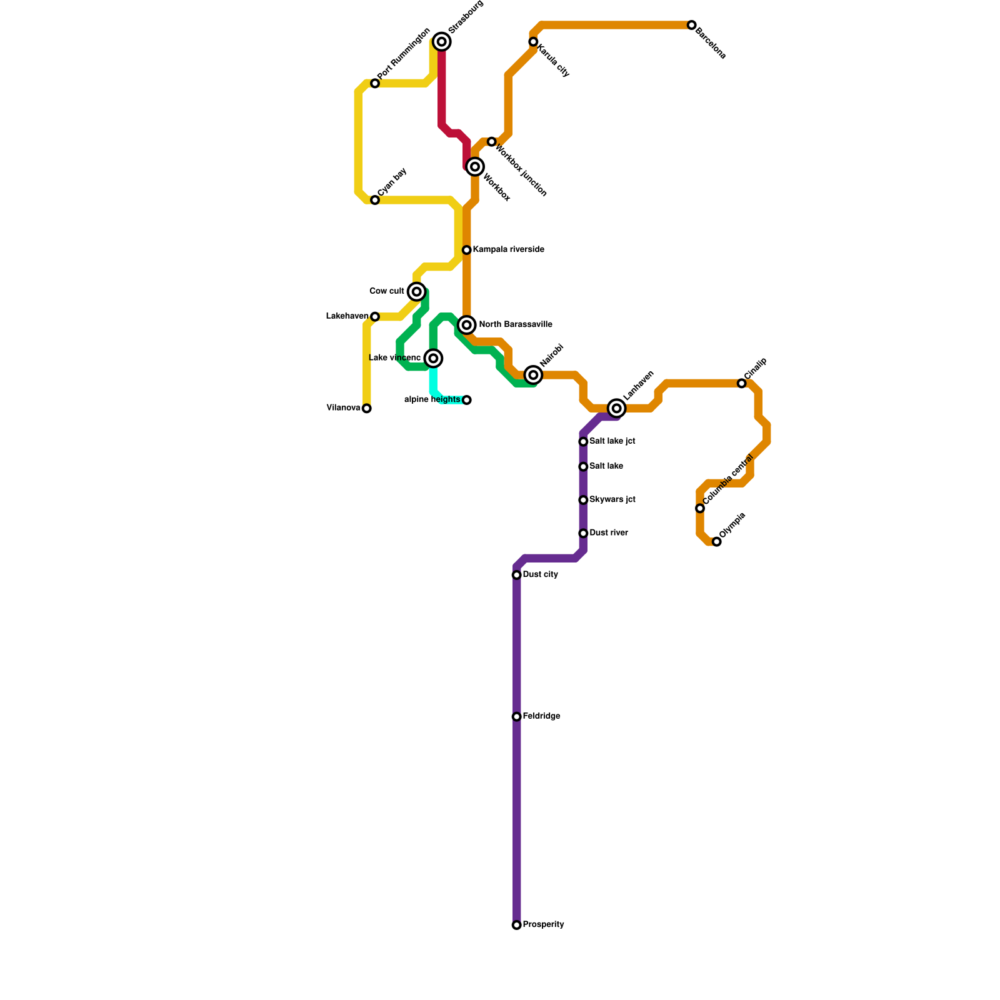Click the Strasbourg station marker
(x=442, y=42)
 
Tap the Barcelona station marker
(x=691, y=25)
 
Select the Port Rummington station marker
(x=375, y=84)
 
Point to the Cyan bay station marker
(x=375, y=200)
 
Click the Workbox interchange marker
(x=475, y=167)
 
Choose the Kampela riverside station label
(x=508, y=250)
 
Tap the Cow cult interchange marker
(x=417, y=292)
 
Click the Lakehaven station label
(x=347, y=317)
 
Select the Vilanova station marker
(x=367, y=409)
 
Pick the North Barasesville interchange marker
(x=467, y=325)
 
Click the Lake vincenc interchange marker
(x=434, y=358)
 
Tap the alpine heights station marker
(x=467, y=400)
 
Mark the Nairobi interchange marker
(x=533, y=375)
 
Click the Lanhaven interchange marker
(x=617, y=409)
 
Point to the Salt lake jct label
(x=612, y=441)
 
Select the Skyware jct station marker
(x=583, y=500)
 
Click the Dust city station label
(x=541, y=575)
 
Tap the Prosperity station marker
(x=517, y=925)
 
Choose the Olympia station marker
(x=717, y=542)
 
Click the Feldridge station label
(x=542, y=716)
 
